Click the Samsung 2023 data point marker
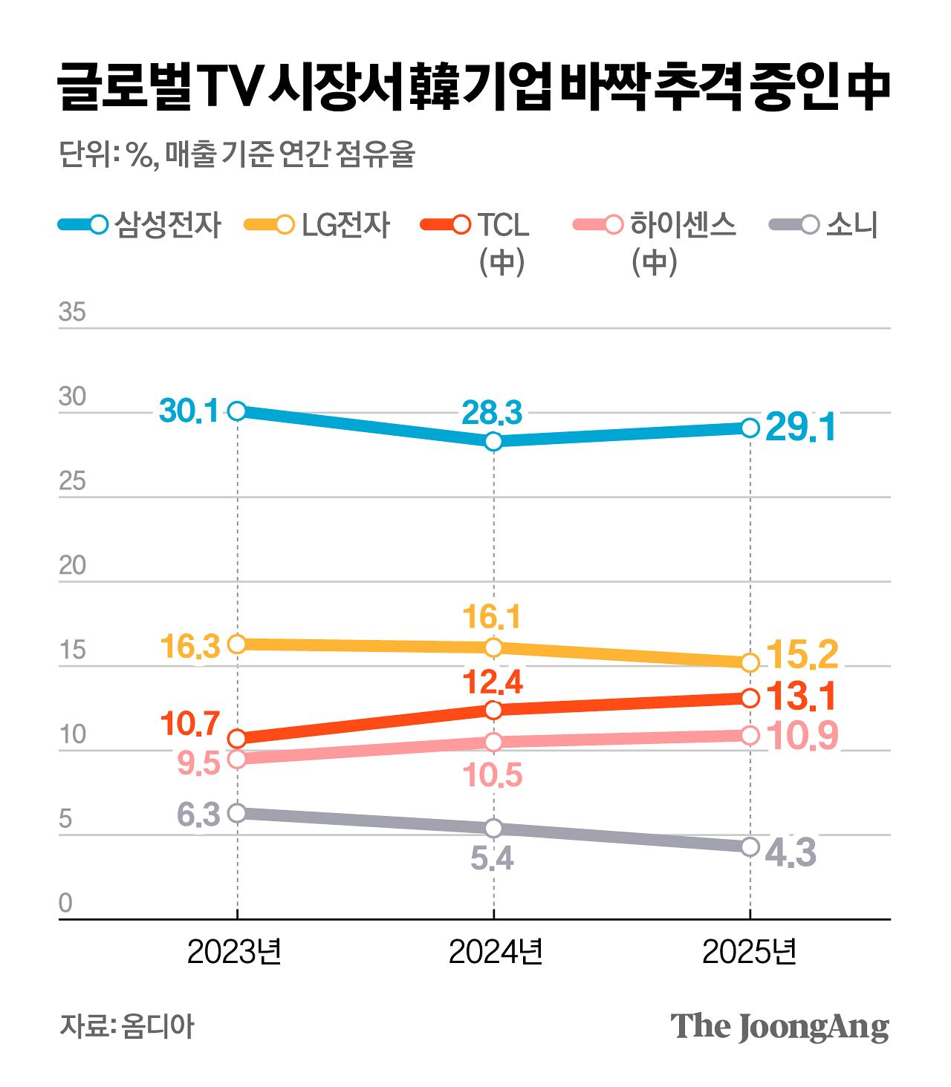pyautogui.click(x=237, y=411)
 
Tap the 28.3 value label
pyautogui.click(x=492, y=413)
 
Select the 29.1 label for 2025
pyautogui.click(x=800, y=428)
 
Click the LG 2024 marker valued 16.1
pyautogui.click(x=494, y=647)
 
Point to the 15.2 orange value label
pyautogui.click(x=802, y=654)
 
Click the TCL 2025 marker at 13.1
pyautogui.click(x=750, y=698)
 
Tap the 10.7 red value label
pyautogui.click(x=189, y=724)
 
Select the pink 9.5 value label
pyautogui.click(x=198, y=763)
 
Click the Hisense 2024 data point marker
pyautogui.click(x=494, y=742)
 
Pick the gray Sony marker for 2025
pyautogui.click(x=750, y=846)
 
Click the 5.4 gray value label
pyautogui.click(x=492, y=859)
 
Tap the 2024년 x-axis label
pyautogui.click(x=496, y=952)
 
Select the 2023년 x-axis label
pyautogui.click(x=235, y=952)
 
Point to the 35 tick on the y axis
pyautogui.click(x=72, y=313)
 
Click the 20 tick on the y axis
pyautogui.click(x=72, y=566)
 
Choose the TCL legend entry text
pyautogui.click(x=503, y=225)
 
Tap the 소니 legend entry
pyautogui.click(x=851, y=225)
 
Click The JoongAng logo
pyautogui.click(x=779, y=1027)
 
